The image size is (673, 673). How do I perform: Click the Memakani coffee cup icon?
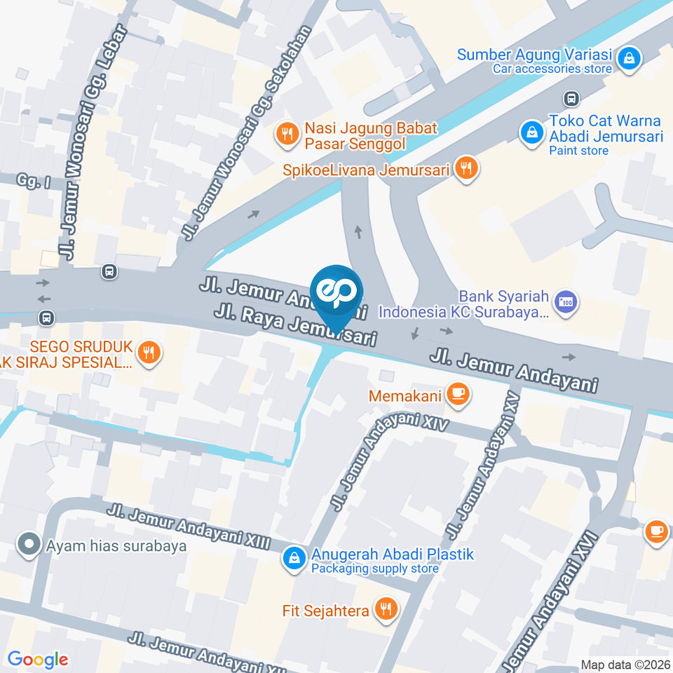pos(458,395)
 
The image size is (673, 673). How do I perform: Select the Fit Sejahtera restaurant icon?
pos(386,610)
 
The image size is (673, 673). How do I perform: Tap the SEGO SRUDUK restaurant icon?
pos(148,352)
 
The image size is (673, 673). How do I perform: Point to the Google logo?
pos(37,660)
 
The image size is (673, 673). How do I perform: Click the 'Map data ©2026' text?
pos(625,665)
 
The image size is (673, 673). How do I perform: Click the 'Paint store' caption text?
pos(578,150)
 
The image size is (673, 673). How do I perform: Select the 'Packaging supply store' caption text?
pos(375,569)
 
